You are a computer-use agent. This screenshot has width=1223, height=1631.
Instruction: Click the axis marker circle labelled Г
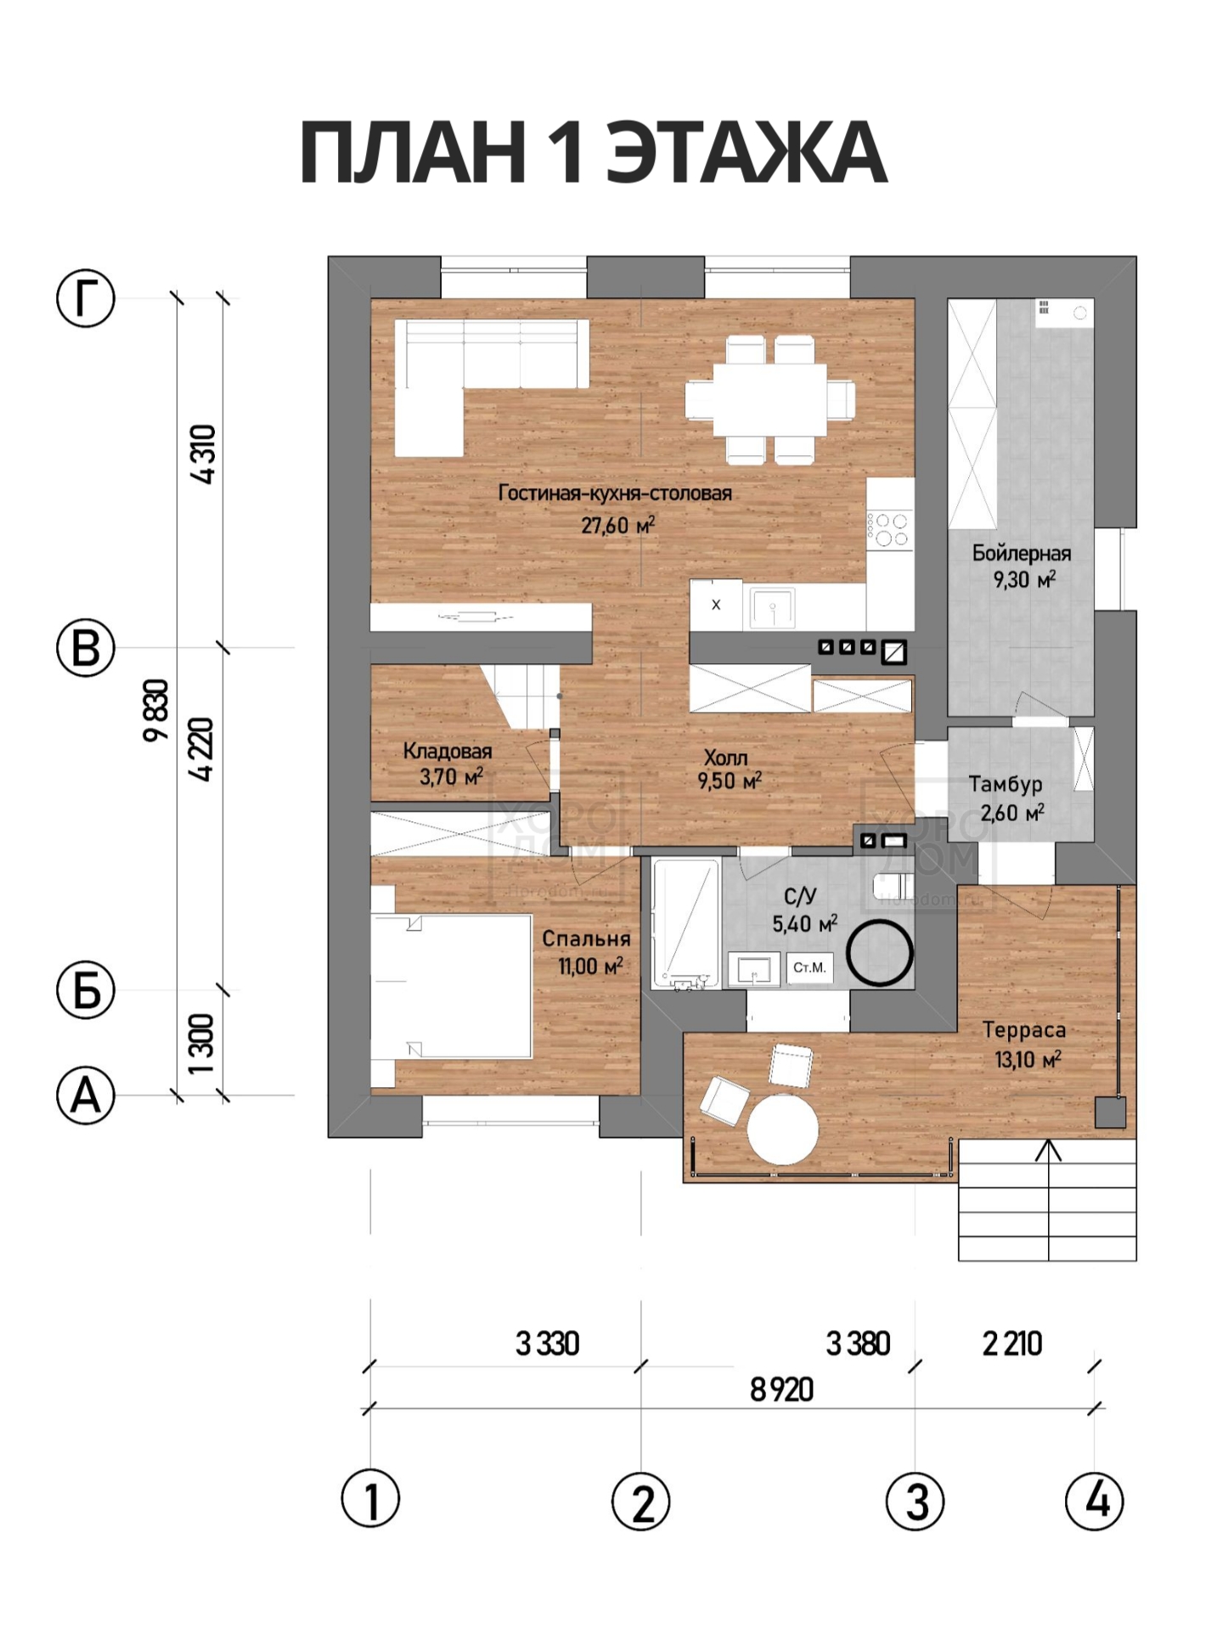(x=85, y=298)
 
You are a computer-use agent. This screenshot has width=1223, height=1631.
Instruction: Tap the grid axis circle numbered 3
(x=915, y=1501)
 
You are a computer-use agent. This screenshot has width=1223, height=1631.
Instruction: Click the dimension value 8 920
(x=781, y=1391)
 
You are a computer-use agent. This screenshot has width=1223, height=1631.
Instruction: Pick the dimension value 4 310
(x=204, y=454)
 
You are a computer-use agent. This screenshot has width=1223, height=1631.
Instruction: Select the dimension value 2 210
(x=1012, y=1344)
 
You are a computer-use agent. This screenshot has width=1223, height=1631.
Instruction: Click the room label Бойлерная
(x=1022, y=554)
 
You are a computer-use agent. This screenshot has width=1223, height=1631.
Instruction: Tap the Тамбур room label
(x=1006, y=785)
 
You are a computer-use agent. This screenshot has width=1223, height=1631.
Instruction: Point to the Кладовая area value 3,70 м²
(x=451, y=776)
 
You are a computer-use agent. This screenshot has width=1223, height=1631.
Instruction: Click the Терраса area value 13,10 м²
(x=1028, y=1059)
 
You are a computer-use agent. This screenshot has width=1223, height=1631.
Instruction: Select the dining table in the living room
(x=769, y=399)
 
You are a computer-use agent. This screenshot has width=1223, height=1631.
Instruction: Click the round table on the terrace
(x=782, y=1129)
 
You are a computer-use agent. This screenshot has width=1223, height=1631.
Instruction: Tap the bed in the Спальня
(x=451, y=986)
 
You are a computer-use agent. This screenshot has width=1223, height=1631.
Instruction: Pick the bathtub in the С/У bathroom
(x=685, y=923)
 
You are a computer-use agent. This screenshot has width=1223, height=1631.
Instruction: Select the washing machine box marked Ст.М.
(x=809, y=968)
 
